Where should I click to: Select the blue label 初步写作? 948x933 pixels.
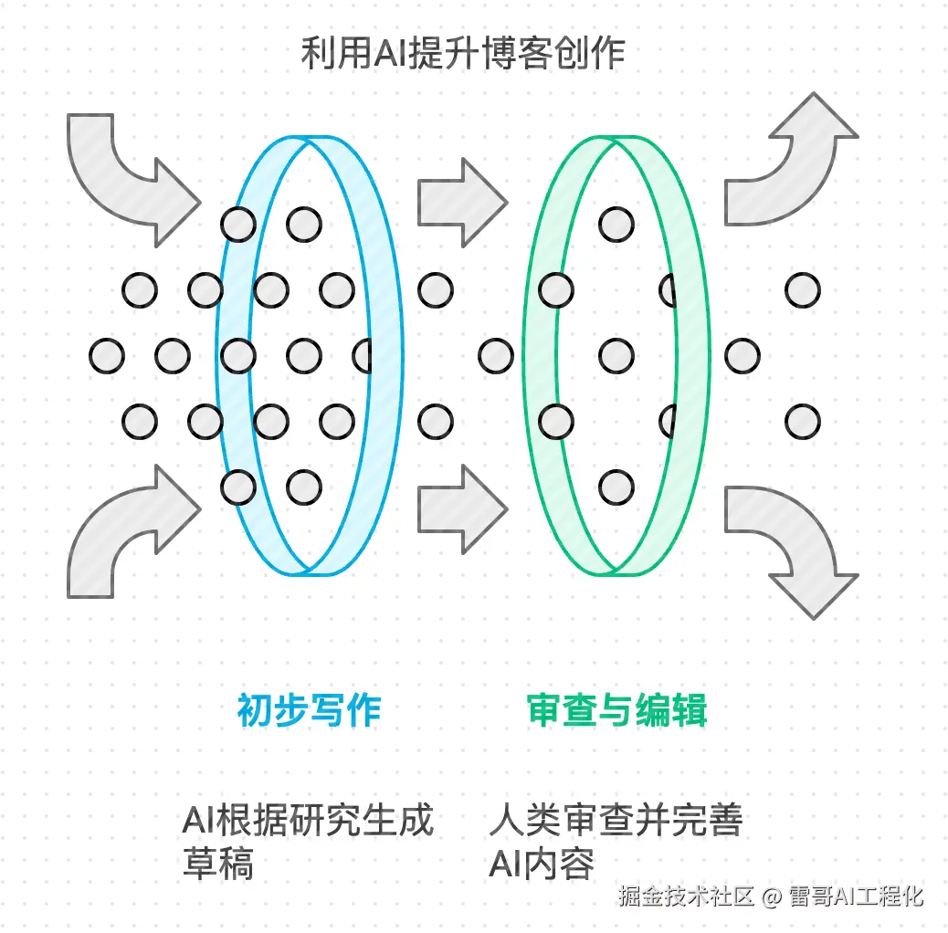point(309,710)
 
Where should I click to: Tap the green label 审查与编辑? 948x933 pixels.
point(617,710)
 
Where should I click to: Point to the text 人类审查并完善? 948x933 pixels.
point(616,820)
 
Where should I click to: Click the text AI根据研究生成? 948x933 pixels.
point(307,820)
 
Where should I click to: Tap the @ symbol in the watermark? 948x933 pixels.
point(772,896)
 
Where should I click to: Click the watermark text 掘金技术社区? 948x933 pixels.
point(686,896)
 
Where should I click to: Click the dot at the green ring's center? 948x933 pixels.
point(616,355)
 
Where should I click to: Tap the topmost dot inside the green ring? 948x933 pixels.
point(616,224)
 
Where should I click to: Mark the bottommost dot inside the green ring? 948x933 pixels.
point(616,487)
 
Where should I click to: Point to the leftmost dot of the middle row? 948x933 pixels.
point(107,355)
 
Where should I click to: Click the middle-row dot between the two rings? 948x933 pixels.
point(496,355)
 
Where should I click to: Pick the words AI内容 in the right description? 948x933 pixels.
point(542,864)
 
